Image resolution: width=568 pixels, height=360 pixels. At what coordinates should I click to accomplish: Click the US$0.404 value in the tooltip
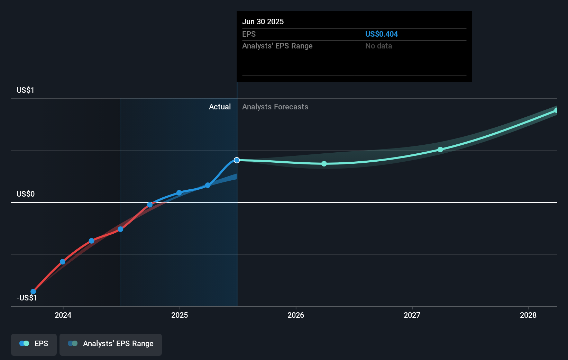(x=381, y=34)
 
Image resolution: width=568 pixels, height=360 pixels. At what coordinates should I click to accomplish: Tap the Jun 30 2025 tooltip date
(x=263, y=21)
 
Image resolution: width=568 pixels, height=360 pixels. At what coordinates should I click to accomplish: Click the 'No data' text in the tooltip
(x=378, y=46)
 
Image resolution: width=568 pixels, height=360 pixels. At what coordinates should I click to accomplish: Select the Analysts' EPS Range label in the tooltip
(x=277, y=46)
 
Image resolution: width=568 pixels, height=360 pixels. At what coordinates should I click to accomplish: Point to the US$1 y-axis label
(x=25, y=90)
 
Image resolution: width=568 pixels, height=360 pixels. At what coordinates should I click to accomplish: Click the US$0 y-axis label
(x=25, y=194)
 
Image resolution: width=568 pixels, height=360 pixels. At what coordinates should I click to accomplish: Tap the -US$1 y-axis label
(x=27, y=298)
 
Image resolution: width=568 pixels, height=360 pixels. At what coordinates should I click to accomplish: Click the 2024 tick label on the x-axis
(x=63, y=315)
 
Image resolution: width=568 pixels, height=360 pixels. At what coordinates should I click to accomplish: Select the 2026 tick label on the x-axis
(x=296, y=315)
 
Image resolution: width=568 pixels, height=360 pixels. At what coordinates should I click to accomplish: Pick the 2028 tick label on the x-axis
(x=528, y=315)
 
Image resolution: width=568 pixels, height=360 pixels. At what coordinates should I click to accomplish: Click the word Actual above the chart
(x=220, y=107)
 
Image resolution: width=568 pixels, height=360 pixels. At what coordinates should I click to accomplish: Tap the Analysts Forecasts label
(x=275, y=107)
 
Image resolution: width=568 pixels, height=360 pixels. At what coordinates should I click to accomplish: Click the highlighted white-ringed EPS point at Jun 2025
(x=237, y=160)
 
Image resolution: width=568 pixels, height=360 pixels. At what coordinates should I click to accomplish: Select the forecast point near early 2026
(x=324, y=164)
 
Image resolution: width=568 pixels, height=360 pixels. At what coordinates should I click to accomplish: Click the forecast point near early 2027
(x=440, y=150)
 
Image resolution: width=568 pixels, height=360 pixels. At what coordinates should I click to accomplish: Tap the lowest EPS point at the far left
(x=33, y=291)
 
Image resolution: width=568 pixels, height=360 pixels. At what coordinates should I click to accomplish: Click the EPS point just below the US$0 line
(x=150, y=205)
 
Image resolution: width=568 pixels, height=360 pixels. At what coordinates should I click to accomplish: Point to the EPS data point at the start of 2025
(x=179, y=193)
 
